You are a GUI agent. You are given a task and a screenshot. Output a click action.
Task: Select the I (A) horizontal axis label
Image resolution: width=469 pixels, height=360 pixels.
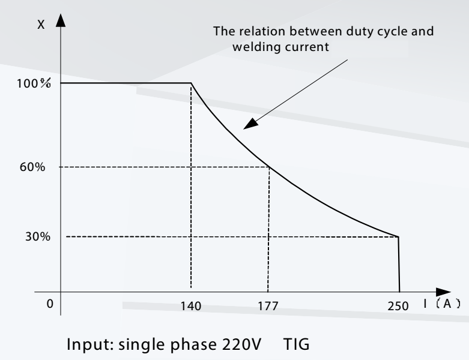441,304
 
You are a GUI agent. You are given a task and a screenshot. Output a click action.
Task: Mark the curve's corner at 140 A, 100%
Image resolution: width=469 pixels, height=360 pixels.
191,83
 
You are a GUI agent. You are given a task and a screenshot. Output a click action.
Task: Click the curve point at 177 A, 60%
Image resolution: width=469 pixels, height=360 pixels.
268,167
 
